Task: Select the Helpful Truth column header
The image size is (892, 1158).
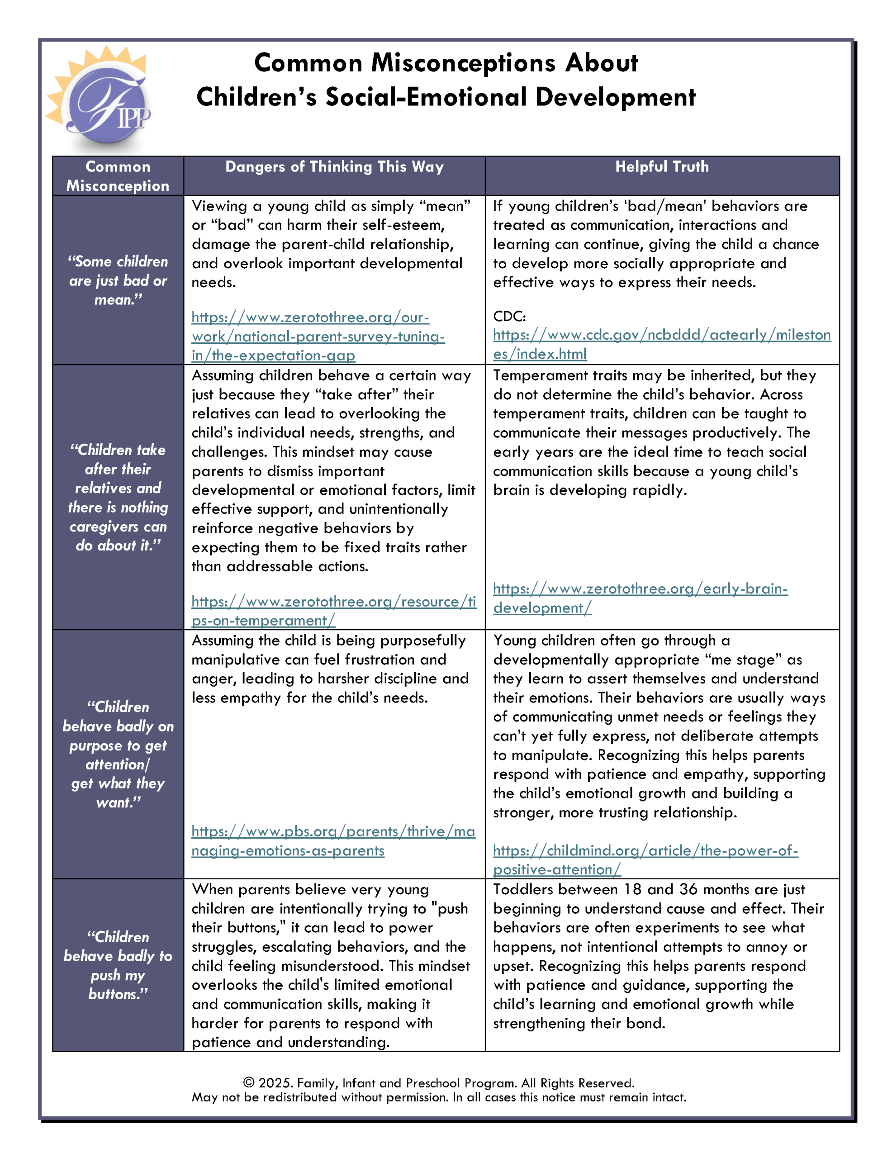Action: coord(661,167)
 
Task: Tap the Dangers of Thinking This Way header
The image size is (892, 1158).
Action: coord(334,167)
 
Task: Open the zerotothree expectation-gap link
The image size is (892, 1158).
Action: coord(318,336)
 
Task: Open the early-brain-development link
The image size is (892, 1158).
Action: coord(640,598)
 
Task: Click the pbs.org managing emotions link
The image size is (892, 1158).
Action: coord(332,840)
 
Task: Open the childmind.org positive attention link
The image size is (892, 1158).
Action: coord(645,859)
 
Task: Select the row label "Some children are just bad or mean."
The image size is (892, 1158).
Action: coord(118,280)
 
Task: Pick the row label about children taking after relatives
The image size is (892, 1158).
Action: coord(118,497)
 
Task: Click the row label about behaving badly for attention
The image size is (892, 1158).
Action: coord(118,754)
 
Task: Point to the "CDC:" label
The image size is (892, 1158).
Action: coord(509,317)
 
